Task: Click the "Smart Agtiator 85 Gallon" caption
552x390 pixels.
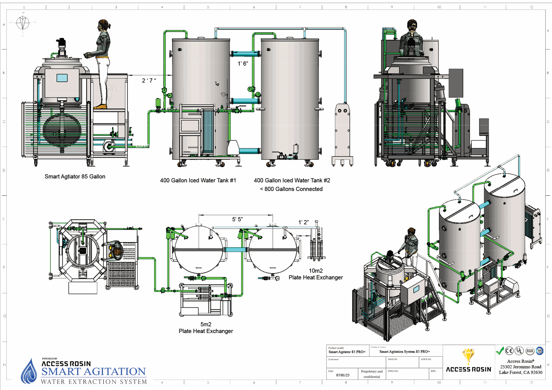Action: pyautogui.click(x=75, y=177)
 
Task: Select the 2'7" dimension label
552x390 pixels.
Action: pyautogui.click(x=149, y=81)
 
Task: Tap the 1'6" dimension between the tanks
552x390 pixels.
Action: pyautogui.click(x=243, y=63)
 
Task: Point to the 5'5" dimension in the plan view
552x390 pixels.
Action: pyautogui.click(x=237, y=219)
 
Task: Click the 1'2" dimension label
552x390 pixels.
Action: pyautogui.click(x=303, y=222)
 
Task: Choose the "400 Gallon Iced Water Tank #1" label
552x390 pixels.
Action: pyautogui.click(x=198, y=180)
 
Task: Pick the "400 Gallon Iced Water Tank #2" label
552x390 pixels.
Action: pyautogui.click(x=292, y=180)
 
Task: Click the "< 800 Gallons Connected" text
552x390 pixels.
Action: pyautogui.click(x=291, y=189)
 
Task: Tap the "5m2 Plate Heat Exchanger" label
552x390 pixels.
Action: pyautogui.click(x=206, y=328)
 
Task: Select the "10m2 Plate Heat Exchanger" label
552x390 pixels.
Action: pyautogui.click(x=316, y=274)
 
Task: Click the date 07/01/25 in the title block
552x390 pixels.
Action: pyautogui.click(x=343, y=375)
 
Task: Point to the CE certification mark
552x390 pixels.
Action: pyautogui.click(x=509, y=351)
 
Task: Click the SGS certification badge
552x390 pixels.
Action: pyautogui.click(x=530, y=351)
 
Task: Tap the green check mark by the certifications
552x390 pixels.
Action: pyautogui.click(x=500, y=351)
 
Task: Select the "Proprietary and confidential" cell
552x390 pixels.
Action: pyautogui.click(x=372, y=374)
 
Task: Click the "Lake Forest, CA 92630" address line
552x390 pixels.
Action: pyautogui.click(x=520, y=372)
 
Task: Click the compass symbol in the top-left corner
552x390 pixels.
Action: pyautogui.click(x=23, y=23)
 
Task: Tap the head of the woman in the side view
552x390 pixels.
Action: pyautogui.click(x=103, y=25)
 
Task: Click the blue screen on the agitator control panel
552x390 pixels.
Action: pyautogui.click(x=62, y=78)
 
